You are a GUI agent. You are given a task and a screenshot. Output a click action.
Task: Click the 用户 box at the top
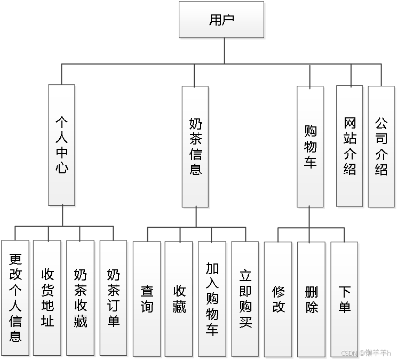point(221,20)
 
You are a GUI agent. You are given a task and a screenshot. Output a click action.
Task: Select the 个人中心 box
point(61,145)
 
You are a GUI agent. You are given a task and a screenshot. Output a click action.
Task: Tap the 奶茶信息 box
point(195,147)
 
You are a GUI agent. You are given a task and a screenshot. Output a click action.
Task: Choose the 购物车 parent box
point(311,146)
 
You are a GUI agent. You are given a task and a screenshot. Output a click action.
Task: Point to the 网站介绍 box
point(350,146)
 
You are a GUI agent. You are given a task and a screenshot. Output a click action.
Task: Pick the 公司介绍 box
point(381,146)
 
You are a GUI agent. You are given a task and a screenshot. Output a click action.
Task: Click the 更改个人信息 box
point(15,298)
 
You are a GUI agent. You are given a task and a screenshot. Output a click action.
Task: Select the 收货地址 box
point(47,298)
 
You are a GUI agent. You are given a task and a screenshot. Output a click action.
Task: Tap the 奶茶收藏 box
point(81,298)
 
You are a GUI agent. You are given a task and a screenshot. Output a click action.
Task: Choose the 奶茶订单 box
point(113,298)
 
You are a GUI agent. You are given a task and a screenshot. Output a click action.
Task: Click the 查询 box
point(147,299)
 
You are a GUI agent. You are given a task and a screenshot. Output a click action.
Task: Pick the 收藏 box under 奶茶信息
point(179,299)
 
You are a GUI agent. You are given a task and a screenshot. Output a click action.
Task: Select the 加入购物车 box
point(212,299)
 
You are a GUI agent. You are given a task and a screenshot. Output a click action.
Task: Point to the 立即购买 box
point(245,299)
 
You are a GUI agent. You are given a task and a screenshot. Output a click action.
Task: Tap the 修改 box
point(279,299)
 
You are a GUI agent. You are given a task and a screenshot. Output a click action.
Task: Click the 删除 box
point(312,299)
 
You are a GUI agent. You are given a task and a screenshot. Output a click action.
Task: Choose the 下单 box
point(344,299)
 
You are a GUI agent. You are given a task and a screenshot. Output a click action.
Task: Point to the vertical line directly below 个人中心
point(63,216)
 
